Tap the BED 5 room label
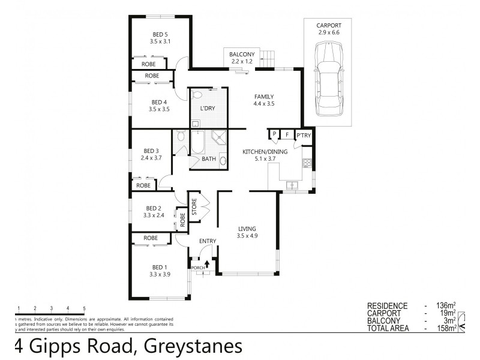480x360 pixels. point(160,34)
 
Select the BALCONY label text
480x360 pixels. point(241,55)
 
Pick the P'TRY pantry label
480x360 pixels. point(303,136)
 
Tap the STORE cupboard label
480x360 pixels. point(194,206)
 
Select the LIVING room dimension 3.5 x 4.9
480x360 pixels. point(247,236)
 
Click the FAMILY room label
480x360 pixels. point(264,97)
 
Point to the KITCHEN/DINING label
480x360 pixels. point(265,152)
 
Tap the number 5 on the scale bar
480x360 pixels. point(85,308)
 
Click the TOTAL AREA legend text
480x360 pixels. point(389,328)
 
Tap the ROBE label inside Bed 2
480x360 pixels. point(182,220)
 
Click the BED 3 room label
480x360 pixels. point(151,151)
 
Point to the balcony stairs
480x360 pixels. point(268,59)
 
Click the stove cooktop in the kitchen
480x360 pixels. point(307,162)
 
